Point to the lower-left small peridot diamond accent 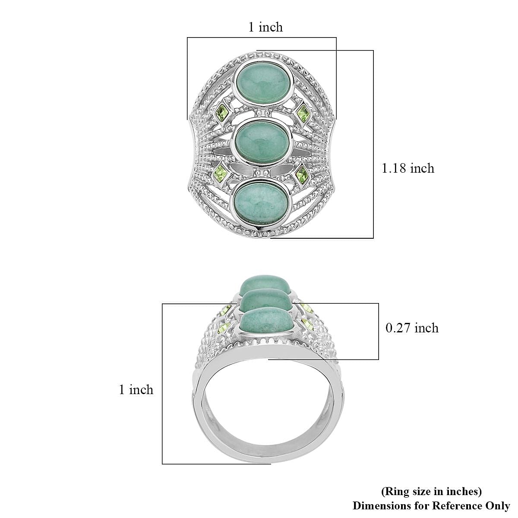[222, 174]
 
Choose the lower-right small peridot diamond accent [302, 175]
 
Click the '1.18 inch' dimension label [407, 168]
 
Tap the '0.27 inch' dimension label [412, 328]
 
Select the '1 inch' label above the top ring [265, 27]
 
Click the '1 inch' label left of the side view [136, 390]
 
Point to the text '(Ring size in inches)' [431, 491]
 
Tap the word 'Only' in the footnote [498, 505]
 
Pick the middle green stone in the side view [264, 300]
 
